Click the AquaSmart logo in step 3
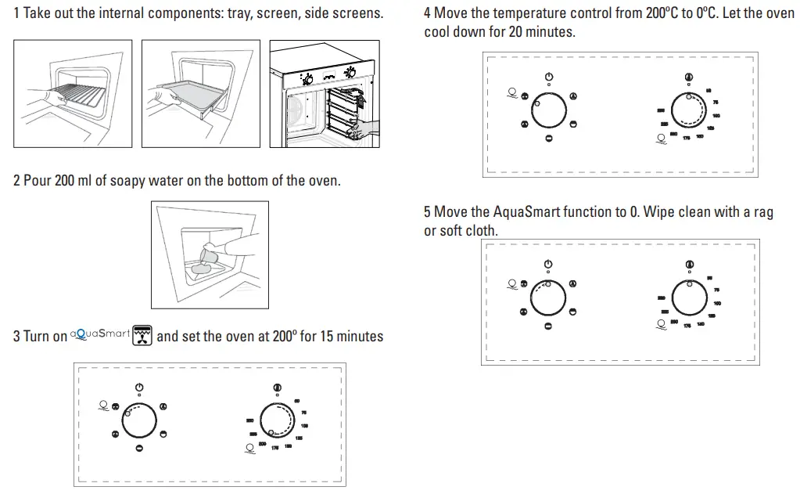pyautogui.click(x=100, y=334)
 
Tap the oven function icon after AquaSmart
pyautogui.click(x=142, y=335)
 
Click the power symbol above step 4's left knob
pyautogui.click(x=549, y=76)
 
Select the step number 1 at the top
pyautogui.click(x=16, y=13)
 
